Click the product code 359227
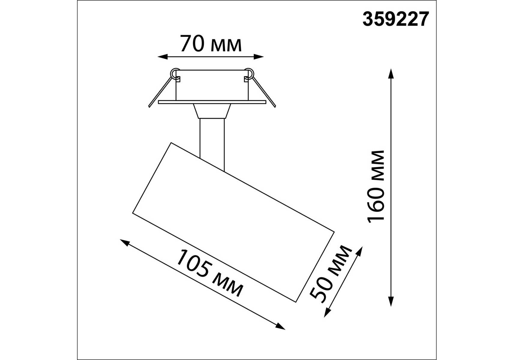point(396,19)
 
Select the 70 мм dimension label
point(211,44)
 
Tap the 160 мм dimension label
point(376,187)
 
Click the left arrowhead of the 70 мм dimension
point(162,56)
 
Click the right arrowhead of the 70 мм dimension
point(259,56)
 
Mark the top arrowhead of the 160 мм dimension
point(391,73)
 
